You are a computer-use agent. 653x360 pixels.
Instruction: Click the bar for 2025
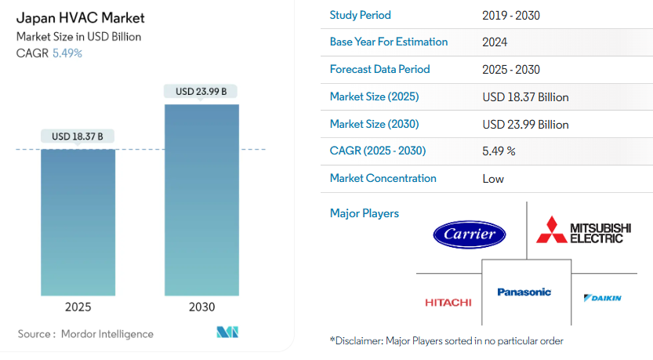[x=78, y=223]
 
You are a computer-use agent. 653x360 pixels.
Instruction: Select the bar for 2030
[x=201, y=200]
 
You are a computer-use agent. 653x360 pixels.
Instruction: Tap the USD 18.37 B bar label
[x=78, y=136]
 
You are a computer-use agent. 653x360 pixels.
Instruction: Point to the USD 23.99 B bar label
[x=201, y=91]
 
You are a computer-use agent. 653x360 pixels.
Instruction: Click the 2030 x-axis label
[x=201, y=307]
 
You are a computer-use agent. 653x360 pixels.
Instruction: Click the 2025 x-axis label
[x=78, y=307]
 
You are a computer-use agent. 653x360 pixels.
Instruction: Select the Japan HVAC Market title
[x=81, y=18]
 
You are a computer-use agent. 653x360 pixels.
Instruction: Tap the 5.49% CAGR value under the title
[x=67, y=53]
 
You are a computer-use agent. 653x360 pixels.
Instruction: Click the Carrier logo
[x=470, y=235]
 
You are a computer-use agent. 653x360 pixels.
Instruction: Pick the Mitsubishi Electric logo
[x=583, y=230]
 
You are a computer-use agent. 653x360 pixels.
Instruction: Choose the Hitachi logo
[x=448, y=302]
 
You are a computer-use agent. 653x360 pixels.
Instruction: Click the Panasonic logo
[x=524, y=292]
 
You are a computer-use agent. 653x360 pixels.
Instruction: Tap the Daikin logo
[x=603, y=298]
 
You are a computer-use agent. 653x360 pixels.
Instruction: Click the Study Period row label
[x=361, y=15]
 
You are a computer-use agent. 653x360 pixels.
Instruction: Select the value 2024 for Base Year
[x=495, y=42]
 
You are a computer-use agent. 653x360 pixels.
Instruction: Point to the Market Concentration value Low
[x=493, y=179]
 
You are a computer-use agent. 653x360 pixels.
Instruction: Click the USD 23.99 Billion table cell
[x=525, y=124]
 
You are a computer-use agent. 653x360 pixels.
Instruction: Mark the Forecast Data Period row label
[x=379, y=69]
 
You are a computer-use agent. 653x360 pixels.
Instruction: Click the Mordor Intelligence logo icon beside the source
[x=227, y=332]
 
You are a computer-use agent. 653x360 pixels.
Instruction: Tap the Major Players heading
[x=365, y=213]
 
